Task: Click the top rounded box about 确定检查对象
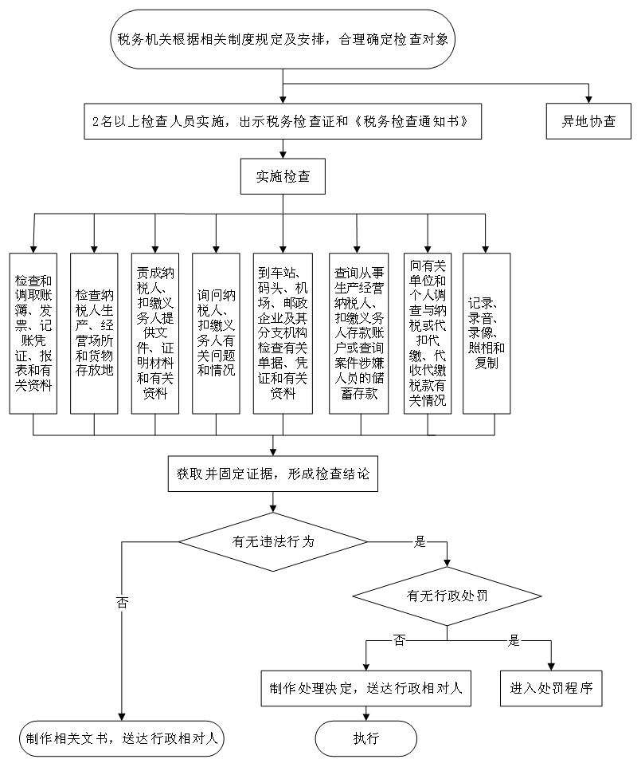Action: click(x=283, y=38)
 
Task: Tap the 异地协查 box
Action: click(x=588, y=122)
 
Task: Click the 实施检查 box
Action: click(x=283, y=177)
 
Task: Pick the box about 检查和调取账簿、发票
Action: click(x=33, y=333)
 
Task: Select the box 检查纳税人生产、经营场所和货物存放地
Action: click(x=94, y=333)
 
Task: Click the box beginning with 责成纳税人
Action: click(x=154, y=333)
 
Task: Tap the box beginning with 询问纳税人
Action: click(x=216, y=333)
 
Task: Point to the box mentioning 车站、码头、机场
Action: click(x=283, y=333)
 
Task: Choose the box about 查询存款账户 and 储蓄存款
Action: click(x=358, y=333)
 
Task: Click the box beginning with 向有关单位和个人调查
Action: click(x=428, y=333)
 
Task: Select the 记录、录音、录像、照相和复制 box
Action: click(x=487, y=333)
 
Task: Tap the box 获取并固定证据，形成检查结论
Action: click(x=272, y=474)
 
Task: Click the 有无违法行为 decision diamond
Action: click(x=273, y=541)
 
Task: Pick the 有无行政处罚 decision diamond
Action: click(x=447, y=596)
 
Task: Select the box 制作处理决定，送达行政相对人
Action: click(x=365, y=688)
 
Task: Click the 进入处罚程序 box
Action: click(x=551, y=688)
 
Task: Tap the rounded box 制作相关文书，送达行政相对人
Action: click(x=121, y=738)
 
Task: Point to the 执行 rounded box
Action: click(x=366, y=738)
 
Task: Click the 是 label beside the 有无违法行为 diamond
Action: click(x=420, y=542)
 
